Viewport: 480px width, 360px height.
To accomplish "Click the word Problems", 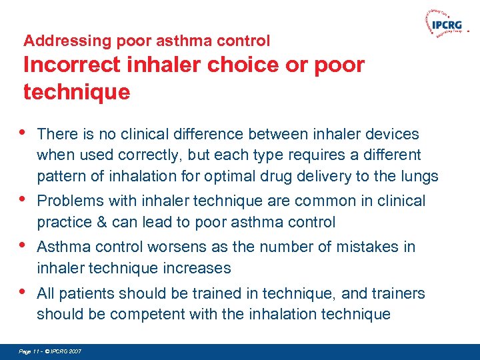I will pyautogui.click(x=68, y=201).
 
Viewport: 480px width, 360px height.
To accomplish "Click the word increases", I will pyautogui.click(x=198, y=269).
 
